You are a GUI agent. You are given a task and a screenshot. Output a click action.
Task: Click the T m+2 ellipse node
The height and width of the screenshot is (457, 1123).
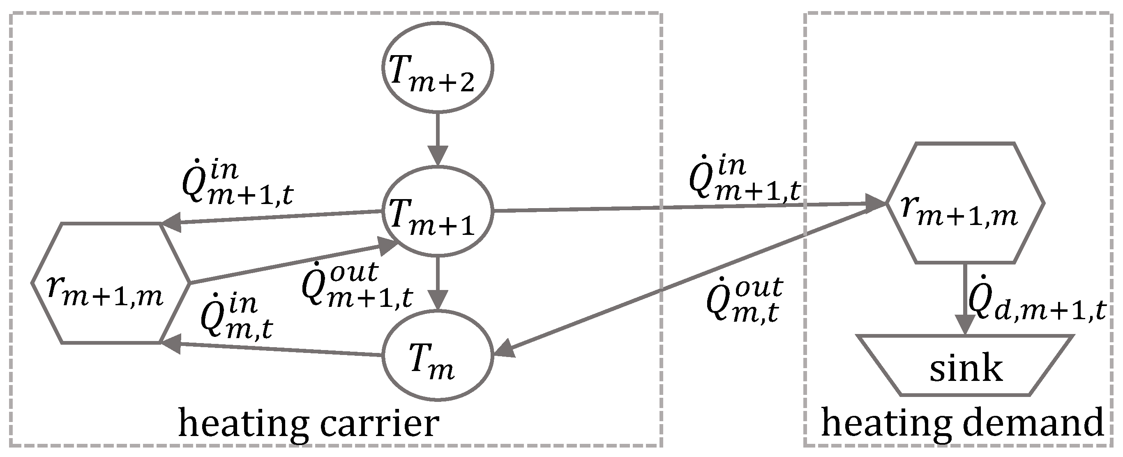point(437,67)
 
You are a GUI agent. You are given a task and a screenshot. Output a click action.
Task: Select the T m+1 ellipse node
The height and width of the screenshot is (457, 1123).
point(437,211)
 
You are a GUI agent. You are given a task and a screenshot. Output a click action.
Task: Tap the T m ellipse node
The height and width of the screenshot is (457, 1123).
point(437,355)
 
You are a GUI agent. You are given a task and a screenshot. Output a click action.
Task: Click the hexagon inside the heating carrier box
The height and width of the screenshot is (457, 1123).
point(111,283)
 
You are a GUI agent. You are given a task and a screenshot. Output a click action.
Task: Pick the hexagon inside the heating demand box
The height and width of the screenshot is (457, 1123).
point(966,203)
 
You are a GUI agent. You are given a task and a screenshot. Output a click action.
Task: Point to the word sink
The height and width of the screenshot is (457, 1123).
point(966,369)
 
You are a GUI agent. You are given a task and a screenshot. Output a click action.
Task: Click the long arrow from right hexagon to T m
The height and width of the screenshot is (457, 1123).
point(689,279)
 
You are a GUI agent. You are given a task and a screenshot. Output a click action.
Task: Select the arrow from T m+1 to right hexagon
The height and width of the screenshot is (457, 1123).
point(689,207)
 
